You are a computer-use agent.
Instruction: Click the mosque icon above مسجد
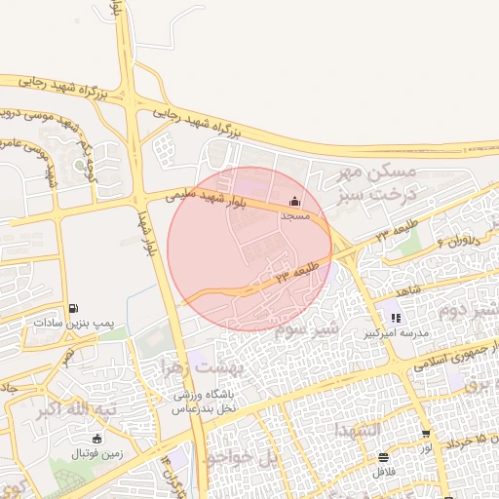[295, 202]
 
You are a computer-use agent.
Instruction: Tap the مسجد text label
[295, 215]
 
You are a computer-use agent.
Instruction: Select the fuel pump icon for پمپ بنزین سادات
[75, 307]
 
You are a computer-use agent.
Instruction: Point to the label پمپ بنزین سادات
[75, 321]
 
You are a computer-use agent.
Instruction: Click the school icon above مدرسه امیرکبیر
[396, 318]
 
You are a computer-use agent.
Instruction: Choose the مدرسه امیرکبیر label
[396, 332]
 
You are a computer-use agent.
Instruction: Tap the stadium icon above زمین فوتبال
[96, 439]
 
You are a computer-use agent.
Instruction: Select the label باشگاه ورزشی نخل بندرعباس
[206, 402]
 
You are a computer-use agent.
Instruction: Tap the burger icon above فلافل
[383, 457]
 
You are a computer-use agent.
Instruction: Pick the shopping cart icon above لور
[426, 434]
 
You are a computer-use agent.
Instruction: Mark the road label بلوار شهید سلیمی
[205, 198]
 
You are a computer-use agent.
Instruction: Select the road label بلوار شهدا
[148, 234]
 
